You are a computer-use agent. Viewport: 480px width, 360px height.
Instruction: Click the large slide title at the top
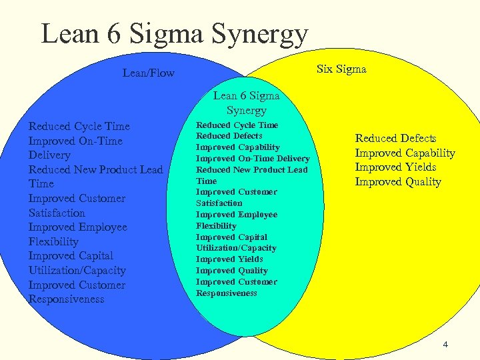[175, 33]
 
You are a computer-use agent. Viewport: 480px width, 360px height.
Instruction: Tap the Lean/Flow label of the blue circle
[148, 73]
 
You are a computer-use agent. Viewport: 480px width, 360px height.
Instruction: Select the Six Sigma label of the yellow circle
[341, 69]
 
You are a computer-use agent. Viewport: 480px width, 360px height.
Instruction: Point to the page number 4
[445, 344]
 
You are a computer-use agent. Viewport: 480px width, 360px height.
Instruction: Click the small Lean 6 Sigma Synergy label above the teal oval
[246, 103]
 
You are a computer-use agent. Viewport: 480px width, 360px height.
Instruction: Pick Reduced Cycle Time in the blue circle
[79, 126]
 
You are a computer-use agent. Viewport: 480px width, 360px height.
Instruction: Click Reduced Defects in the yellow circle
[395, 138]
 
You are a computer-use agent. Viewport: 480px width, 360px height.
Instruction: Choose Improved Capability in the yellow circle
[405, 153]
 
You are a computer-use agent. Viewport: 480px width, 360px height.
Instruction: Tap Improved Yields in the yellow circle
[395, 167]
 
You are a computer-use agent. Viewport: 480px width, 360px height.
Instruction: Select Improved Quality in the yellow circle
[398, 182]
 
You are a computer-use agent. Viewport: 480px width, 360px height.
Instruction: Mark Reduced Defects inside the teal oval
[229, 136]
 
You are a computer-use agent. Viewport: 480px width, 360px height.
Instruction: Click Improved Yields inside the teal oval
[229, 259]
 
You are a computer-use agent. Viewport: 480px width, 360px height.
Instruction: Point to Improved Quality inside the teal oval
[231, 271]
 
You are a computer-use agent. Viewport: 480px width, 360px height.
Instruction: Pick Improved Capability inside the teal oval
[237, 147]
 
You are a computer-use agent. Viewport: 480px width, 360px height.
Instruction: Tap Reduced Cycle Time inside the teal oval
[237, 125]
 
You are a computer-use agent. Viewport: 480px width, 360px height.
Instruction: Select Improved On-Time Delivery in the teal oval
[253, 159]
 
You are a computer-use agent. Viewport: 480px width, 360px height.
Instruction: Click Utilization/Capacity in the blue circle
[77, 270]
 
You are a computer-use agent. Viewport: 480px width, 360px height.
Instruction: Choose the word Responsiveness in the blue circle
[66, 299]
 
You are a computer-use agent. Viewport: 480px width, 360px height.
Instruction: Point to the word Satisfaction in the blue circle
[57, 213]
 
